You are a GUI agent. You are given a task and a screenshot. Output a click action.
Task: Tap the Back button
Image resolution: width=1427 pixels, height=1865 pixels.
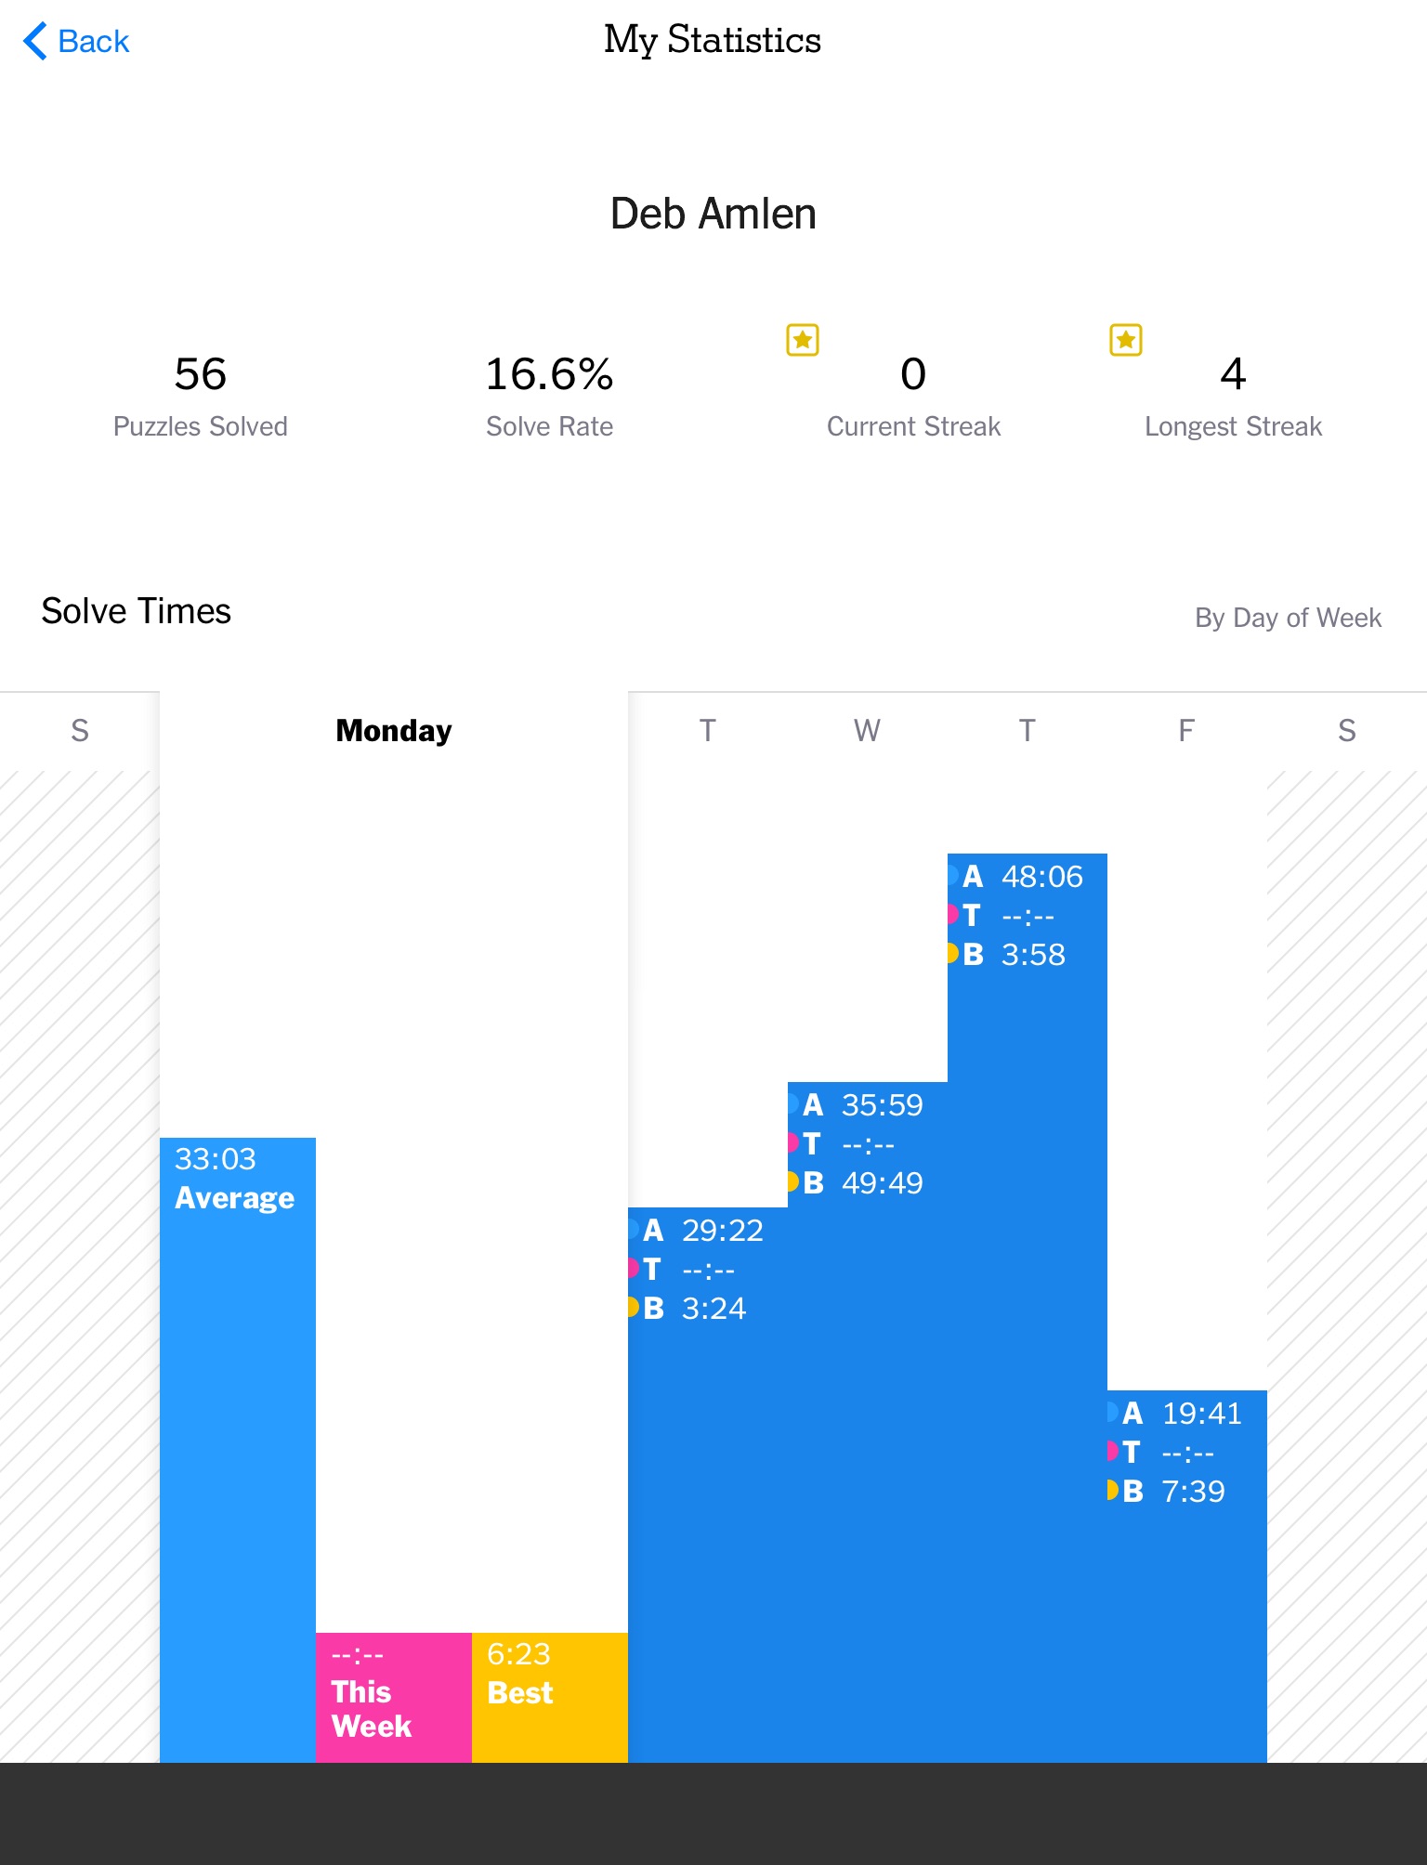tap(76, 42)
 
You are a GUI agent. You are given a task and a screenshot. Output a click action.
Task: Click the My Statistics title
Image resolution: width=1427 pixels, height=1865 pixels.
tap(713, 40)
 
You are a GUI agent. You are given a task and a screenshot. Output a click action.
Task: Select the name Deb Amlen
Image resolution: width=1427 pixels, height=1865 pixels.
tap(713, 214)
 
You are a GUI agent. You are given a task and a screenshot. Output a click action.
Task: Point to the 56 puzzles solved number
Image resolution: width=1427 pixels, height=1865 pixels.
tap(201, 374)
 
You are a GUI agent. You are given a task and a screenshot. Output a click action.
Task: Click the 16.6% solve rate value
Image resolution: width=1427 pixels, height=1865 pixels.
tap(549, 374)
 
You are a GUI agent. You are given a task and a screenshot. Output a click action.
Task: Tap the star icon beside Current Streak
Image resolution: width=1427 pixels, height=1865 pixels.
tap(803, 340)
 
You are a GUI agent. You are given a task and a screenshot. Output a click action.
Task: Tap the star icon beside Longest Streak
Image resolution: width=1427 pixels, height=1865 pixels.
tap(1126, 340)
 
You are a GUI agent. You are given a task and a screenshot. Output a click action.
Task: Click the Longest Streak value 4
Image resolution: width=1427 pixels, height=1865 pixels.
tap(1233, 374)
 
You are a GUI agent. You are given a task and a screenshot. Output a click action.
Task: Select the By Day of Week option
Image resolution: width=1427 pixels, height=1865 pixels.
tap(1288, 618)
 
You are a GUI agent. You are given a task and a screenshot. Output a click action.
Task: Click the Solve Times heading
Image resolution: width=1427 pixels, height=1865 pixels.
tap(136, 611)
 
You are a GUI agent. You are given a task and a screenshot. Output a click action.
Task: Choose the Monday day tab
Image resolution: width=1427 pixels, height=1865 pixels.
tap(394, 731)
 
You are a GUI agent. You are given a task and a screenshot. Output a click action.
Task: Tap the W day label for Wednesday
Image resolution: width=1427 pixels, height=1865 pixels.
tap(867, 731)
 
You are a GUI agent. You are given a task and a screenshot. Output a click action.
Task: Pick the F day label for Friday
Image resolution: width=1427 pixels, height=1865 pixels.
tap(1186, 731)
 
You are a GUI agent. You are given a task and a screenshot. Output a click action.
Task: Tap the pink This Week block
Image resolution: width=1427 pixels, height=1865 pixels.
tap(394, 1698)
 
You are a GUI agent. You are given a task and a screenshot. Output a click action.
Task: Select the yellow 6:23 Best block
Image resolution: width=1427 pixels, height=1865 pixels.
tap(550, 1698)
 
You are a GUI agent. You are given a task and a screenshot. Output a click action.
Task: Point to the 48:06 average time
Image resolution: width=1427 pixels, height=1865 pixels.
tap(1042, 877)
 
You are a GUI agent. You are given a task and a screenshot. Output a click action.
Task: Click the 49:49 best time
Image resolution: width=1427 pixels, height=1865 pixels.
tap(883, 1183)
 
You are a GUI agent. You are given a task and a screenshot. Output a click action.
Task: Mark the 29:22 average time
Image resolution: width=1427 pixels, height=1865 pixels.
tap(723, 1231)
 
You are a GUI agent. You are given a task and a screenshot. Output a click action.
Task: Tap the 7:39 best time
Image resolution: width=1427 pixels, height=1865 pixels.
tap(1194, 1492)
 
